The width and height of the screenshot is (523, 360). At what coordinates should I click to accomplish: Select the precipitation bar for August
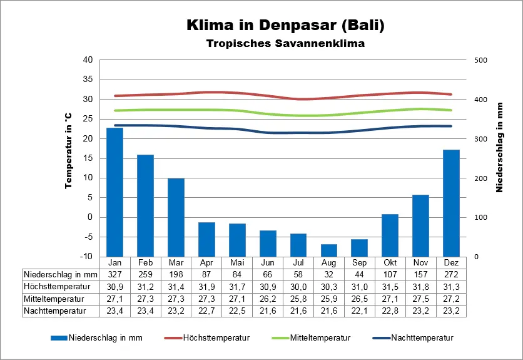[328, 250]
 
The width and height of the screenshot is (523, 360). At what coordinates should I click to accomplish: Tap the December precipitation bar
[451, 203]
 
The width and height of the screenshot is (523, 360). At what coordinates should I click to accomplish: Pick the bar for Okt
[390, 235]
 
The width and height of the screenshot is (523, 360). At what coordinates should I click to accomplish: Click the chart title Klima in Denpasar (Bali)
[285, 26]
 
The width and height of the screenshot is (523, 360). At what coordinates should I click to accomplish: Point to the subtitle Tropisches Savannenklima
[285, 44]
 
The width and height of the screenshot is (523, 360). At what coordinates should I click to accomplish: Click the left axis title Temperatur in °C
[69, 151]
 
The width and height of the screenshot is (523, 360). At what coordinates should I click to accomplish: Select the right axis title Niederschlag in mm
[500, 148]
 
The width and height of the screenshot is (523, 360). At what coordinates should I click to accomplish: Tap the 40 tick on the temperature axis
[88, 60]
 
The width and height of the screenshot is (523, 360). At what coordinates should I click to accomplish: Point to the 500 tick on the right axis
[480, 60]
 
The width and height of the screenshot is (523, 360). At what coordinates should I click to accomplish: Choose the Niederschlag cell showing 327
[114, 274]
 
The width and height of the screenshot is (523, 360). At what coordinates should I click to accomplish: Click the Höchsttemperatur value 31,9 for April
[206, 286]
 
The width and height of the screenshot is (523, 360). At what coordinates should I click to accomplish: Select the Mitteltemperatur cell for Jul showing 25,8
[298, 298]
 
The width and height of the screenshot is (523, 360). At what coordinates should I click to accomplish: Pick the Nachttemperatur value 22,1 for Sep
[359, 310]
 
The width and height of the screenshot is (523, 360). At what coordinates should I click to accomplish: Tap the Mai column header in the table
[237, 262]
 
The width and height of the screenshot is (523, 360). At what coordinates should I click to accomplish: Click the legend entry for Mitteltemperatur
[311, 338]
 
